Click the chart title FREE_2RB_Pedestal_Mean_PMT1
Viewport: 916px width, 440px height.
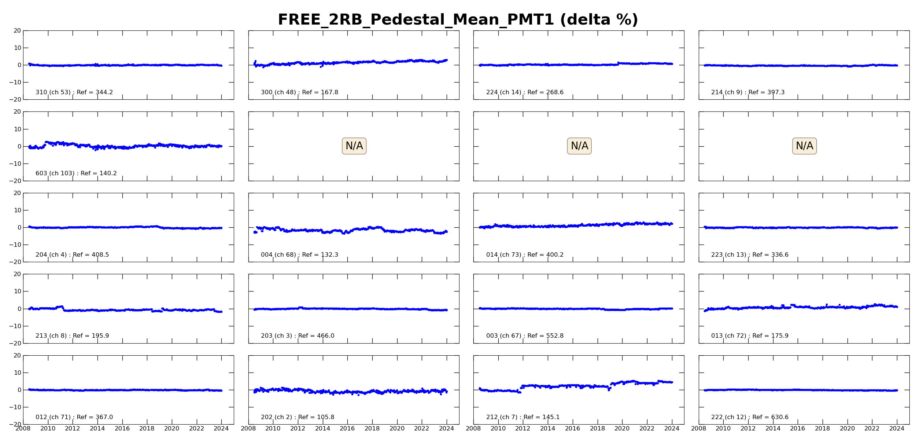point(458,20)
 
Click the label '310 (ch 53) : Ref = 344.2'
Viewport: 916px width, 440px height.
point(74,92)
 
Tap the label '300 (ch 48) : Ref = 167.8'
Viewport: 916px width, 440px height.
point(299,92)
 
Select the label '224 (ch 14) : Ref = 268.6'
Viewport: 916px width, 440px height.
point(525,92)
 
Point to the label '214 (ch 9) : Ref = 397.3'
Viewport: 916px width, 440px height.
point(748,92)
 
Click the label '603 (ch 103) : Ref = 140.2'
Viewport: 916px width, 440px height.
point(76,173)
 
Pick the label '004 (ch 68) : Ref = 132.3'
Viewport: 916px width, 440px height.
point(299,255)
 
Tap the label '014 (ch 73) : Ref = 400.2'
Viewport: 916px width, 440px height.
point(525,255)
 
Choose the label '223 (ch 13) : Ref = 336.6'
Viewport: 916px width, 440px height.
point(750,255)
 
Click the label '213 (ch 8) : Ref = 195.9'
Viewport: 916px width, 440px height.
point(72,336)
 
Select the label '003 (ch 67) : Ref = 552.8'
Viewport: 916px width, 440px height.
point(525,336)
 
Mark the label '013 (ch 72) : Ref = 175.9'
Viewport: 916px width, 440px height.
point(750,336)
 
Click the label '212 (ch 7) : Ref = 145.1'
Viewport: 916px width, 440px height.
point(523,417)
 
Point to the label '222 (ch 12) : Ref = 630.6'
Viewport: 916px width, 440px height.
point(750,417)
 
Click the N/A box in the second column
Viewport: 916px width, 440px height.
point(354,146)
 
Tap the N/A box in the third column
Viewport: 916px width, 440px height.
point(579,146)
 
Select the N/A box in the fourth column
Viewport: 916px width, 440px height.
point(804,146)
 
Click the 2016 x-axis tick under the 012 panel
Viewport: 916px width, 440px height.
point(122,429)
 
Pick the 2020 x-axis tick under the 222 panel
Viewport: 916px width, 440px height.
point(847,429)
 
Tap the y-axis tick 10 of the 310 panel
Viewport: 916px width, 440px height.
point(17,48)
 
